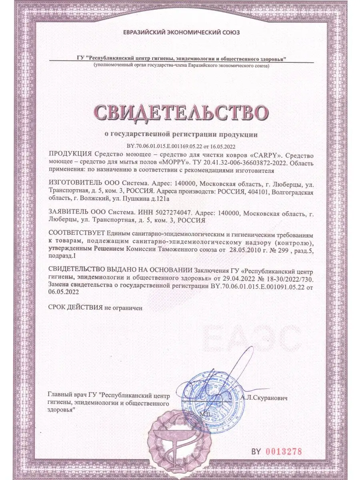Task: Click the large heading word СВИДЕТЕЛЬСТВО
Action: coord(180,113)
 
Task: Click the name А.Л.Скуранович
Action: coord(264,398)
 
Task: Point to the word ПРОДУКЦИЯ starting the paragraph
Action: coord(70,155)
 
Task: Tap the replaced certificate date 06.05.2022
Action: coord(63,292)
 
